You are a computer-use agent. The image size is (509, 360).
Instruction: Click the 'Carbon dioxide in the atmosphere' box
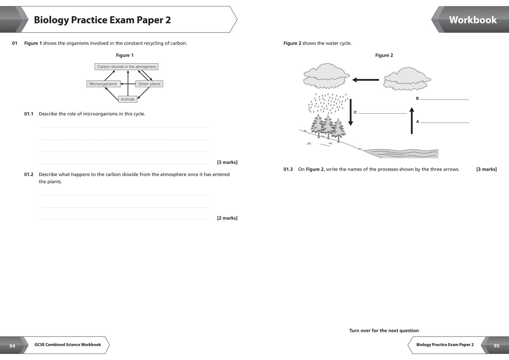[126, 67]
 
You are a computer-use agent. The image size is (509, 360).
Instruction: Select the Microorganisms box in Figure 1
[103, 84]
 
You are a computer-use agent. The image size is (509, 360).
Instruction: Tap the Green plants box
[149, 84]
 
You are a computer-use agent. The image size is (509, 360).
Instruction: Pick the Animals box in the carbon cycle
[128, 99]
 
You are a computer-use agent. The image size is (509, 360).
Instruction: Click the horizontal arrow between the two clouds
[366, 80]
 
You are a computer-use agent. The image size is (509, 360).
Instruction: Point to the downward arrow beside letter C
[351, 112]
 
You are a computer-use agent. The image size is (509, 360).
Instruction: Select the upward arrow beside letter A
[412, 121]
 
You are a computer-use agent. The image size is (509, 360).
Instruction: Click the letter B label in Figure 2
[417, 98]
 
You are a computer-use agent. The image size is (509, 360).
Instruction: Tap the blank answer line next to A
[445, 122]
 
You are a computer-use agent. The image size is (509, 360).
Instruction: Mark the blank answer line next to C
[383, 113]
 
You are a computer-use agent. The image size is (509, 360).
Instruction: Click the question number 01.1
[29, 114]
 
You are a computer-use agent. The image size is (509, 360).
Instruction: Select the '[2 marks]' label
[227, 218]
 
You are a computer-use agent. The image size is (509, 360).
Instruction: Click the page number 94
[12, 346]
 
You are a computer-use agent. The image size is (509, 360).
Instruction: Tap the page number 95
[496, 346]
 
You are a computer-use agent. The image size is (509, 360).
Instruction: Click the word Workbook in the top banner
[473, 20]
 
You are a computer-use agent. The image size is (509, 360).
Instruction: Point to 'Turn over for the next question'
[384, 330]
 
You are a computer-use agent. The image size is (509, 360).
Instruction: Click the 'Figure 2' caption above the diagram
[384, 55]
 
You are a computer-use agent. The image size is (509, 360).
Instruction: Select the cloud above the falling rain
[326, 76]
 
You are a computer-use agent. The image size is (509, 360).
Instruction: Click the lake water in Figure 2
[404, 153]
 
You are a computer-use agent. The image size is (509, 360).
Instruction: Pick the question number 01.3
[288, 169]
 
